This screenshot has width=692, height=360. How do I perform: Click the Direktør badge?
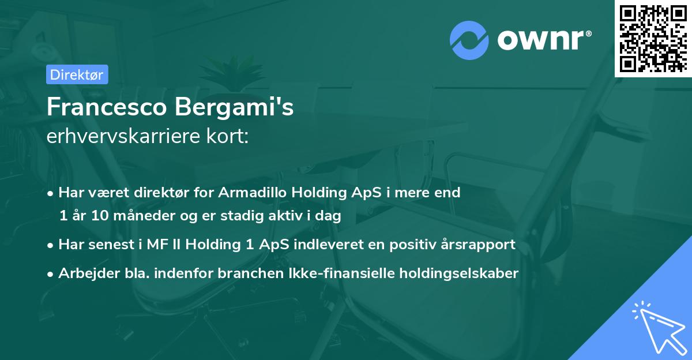pos(76,74)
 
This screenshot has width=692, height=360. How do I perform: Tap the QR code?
pos(653,38)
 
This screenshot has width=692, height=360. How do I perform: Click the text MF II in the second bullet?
pos(161,245)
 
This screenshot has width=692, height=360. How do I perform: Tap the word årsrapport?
pos(478,245)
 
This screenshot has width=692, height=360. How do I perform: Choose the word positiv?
pos(412,245)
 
